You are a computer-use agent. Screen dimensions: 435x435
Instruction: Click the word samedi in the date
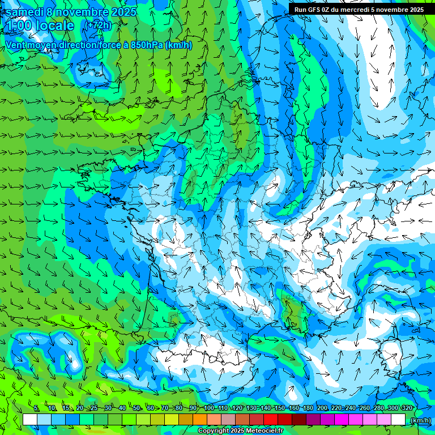[x=24, y=12]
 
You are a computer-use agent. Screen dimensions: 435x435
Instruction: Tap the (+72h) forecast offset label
[x=97, y=25]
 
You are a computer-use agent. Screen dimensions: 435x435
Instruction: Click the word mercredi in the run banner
[x=360, y=9]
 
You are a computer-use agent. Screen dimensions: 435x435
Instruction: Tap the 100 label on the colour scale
[x=209, y=408]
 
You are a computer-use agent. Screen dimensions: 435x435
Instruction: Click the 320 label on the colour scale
[x=407, y=408]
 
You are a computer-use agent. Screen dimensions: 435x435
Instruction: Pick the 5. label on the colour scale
[x=36, y=408]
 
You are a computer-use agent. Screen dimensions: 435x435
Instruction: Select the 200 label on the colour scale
[x=322, y=408]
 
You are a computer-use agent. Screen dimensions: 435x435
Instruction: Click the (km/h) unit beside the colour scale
[x=420, y=420]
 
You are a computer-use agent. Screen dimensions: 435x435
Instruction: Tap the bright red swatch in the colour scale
[x=271, y=420]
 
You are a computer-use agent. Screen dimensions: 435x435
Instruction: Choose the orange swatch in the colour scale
[x=200, y=420]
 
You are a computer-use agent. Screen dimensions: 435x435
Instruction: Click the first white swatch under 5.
[x=30, y=420]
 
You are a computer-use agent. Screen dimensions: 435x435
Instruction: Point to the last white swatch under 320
[x=398, y=420]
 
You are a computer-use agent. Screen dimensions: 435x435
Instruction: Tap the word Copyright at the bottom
[x=214, y=431]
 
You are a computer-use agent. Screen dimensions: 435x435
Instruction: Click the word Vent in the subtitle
[x=15, y=45]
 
